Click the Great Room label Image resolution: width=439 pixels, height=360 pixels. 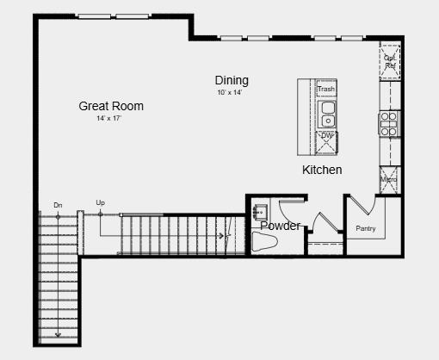111,106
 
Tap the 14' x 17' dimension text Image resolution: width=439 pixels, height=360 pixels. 109,119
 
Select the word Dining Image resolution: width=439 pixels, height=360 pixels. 232,80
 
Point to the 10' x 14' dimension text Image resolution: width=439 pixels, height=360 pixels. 230,92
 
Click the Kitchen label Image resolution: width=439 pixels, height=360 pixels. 322,170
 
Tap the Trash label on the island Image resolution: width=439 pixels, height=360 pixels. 326,90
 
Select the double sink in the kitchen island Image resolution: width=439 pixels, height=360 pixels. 327,113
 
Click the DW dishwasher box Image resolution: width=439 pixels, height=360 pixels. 327,137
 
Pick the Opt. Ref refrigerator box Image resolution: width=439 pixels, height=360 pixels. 390,61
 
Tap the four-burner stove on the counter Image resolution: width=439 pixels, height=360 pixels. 389,123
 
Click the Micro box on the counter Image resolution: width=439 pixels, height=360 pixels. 389,179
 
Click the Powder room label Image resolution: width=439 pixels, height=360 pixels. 281,227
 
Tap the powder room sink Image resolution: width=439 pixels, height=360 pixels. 262,210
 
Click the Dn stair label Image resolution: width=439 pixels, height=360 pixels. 58,205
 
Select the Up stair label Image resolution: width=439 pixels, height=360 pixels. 101,203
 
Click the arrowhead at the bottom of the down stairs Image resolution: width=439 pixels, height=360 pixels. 58,334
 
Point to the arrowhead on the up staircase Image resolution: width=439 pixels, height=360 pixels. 222,235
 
